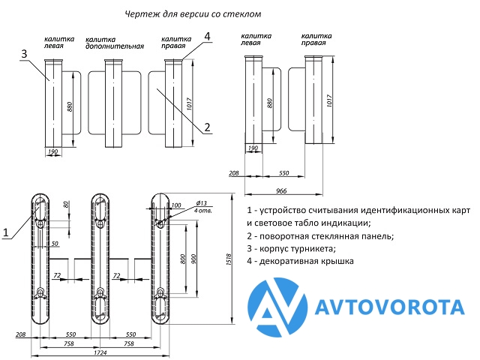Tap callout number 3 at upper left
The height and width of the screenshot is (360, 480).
[x=25, y=54]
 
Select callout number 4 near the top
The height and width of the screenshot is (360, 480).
[x=207, y=36]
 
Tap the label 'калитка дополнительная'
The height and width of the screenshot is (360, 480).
[x=114, y=42]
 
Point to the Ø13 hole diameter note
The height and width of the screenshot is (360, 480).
[x=202, y=204]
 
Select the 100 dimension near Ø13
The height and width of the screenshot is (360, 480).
[x=176, y=205]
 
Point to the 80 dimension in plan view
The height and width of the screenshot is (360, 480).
[x=66, y=205]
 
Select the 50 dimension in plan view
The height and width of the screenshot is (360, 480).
[x=55, y=244]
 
